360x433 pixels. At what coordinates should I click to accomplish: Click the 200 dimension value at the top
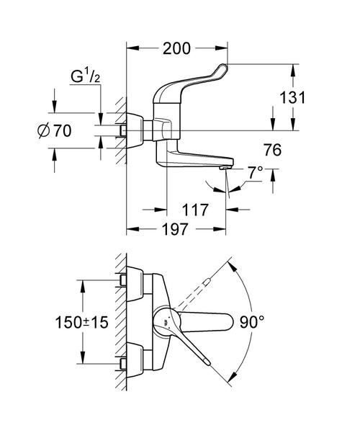176,49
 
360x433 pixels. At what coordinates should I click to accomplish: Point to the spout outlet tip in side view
225,168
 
